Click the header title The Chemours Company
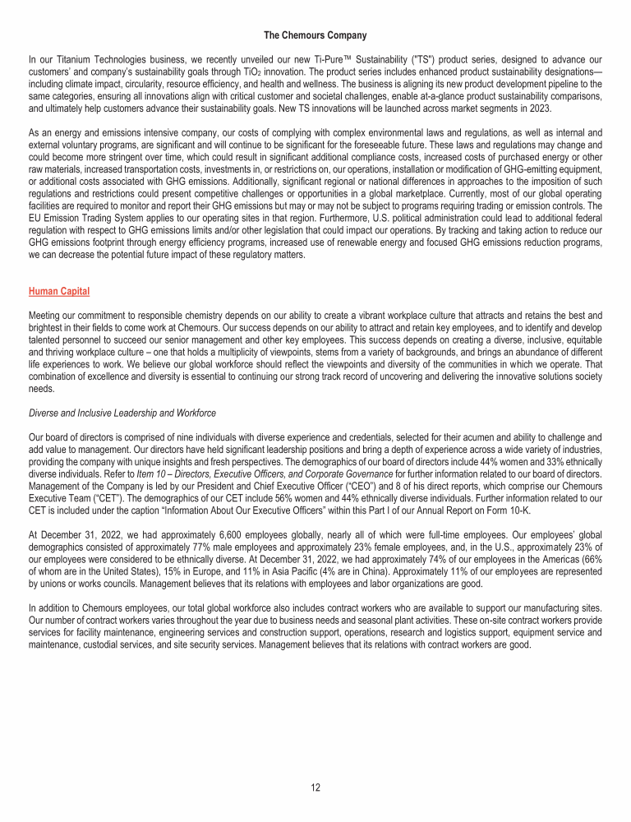[315, 35]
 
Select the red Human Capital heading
[58, 291]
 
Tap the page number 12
[315, 787]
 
